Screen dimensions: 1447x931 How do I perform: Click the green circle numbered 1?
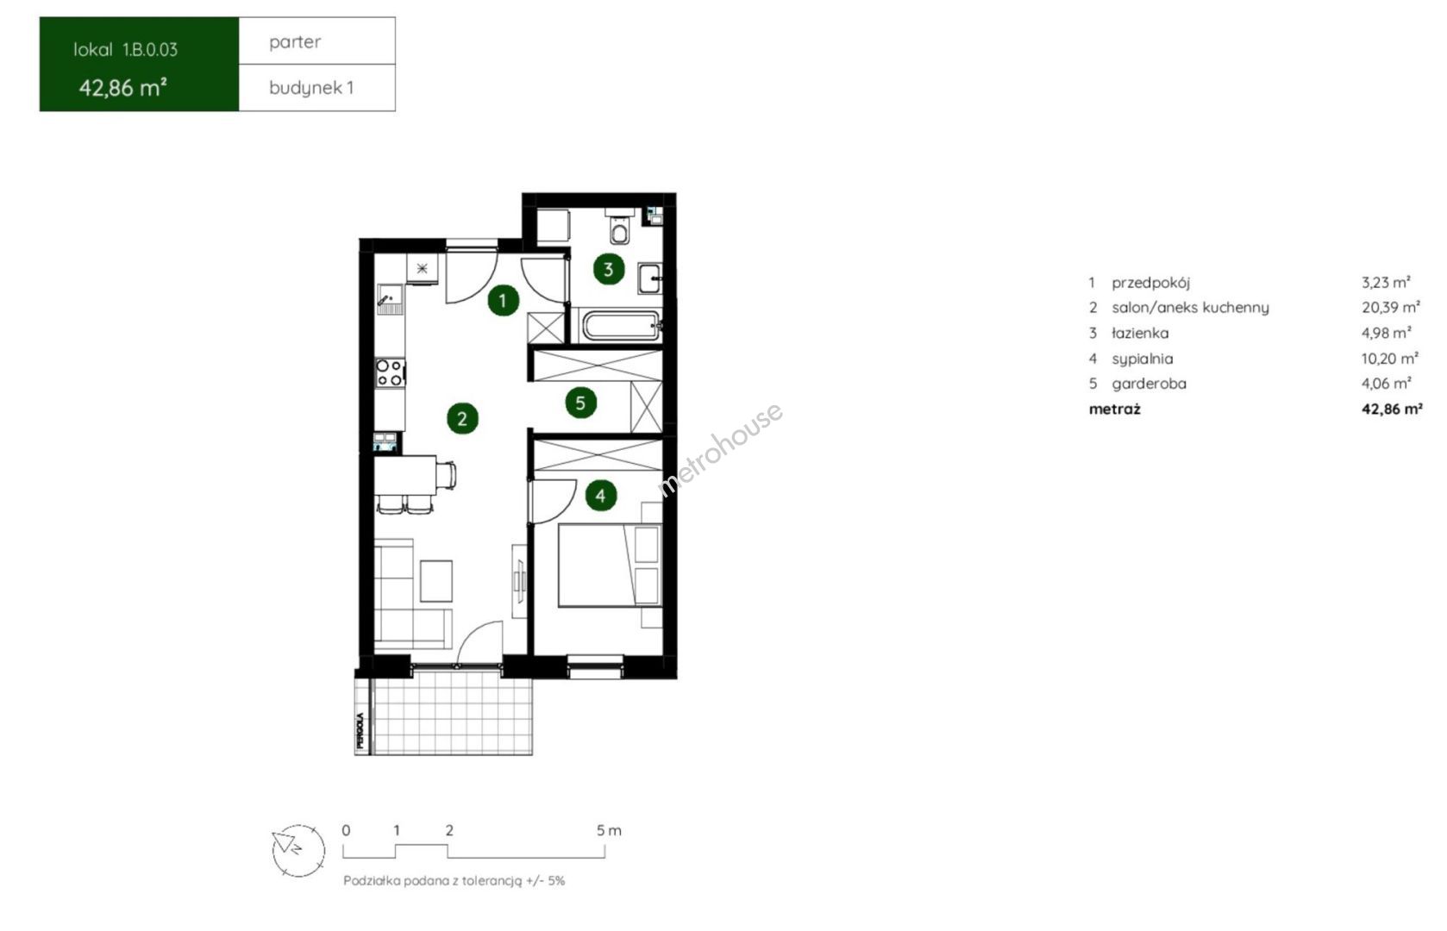coord(504,300)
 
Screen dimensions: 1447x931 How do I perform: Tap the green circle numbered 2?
coord(462,418)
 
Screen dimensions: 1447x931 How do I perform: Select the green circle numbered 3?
coord(609,269)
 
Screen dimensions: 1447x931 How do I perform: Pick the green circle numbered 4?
coord(601,495)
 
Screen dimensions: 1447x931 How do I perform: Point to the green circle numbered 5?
coord(580,403)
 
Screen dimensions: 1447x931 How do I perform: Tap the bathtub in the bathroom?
coord(622,325)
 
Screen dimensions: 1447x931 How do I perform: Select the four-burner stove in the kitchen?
coord(390,373)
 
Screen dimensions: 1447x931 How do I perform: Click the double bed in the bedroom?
coord(610,565)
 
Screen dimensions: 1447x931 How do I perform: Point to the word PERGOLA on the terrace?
coord(360,730)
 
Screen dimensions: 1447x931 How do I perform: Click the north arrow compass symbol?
coord(298,850)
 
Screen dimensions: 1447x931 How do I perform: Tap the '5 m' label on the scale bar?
coord(609,830)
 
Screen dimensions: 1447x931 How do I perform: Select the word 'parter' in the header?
coord(295,42)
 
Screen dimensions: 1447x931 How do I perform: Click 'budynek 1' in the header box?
coord(311,88)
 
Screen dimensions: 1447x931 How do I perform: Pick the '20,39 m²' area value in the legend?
coord(1391,307)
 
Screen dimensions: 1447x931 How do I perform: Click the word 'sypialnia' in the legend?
coord(1142,359)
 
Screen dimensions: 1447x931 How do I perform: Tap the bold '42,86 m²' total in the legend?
coord(1392,409)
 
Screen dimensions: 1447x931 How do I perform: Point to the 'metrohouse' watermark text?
coord(720,449)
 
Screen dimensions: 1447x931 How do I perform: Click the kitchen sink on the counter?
coord(390,300)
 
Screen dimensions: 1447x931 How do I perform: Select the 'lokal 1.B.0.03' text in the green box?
coord(125,50)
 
